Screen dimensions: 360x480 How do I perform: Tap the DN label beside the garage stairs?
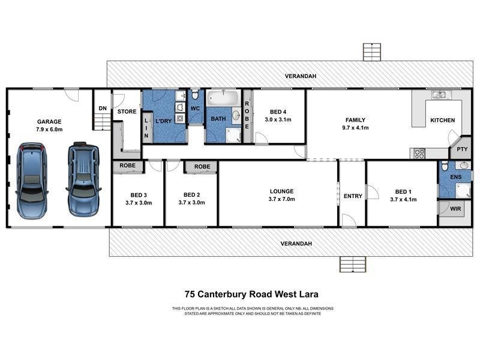pyautogui.click(x=103, y=108)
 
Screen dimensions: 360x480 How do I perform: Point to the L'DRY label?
pyautogui.click(x=164, y=122)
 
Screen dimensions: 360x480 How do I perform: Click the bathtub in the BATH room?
pyautogui.click(x=223, y=98)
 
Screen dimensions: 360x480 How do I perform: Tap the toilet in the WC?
pyautogui.click(x=196, y=96)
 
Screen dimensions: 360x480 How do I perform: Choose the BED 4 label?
pyautogui.click(x=278, y=112)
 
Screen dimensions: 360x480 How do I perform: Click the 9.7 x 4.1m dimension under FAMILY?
pyautogui.click(x=355, y=128)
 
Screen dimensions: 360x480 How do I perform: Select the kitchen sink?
pyautogui.click(x=439, y=95)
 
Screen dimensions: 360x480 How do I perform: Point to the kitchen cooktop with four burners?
pyautogui.click(x=419, y=153)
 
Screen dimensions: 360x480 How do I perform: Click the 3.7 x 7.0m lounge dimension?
pyautogui.click(x=280, y=199)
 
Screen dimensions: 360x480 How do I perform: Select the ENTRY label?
pyautogui.click(x=352, y=196)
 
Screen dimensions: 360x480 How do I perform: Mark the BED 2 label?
pyautogui.click(x=191, y=194)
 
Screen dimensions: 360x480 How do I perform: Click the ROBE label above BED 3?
pyautogui.click(x=127, y=165)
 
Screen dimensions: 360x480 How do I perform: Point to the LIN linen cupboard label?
pyautogui.click(x=146, y=127)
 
